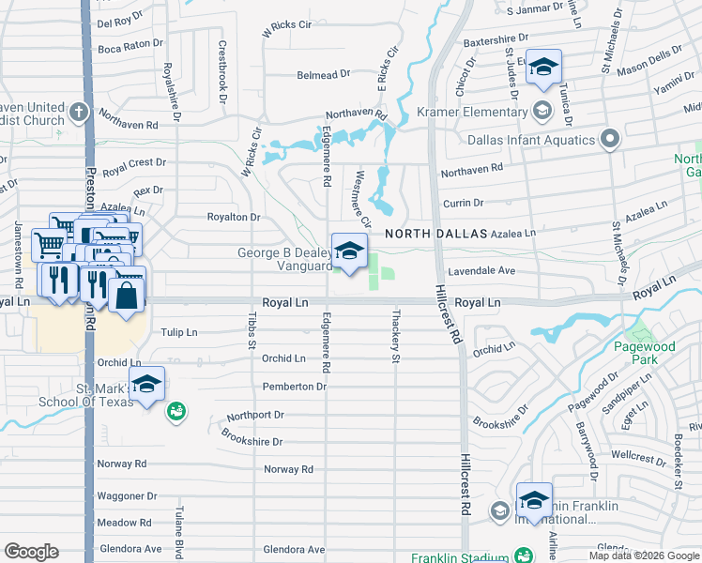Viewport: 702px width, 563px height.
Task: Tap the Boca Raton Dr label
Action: (130, 45)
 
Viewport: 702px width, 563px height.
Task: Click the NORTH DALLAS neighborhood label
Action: (433, 233)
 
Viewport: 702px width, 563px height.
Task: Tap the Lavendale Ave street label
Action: (483, 270)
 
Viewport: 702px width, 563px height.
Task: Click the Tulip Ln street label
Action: (178, 332)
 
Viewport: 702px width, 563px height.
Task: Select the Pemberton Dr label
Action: (294, 387)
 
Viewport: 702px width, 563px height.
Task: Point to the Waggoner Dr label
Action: (127, 496)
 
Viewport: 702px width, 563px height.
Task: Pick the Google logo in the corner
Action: (31, 552)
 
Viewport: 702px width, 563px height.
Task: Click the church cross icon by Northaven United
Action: (79, 112)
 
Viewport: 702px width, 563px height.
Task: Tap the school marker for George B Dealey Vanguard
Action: (349, 251)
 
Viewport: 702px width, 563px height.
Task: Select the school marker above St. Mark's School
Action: (147, 385)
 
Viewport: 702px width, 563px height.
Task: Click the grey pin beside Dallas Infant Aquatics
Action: (609, 140)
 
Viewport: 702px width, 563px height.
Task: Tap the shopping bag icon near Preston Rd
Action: (127, 294)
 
